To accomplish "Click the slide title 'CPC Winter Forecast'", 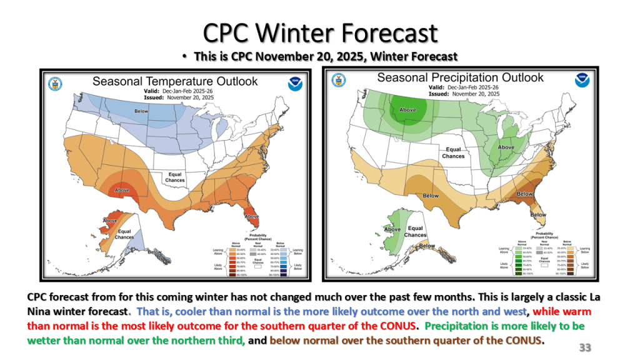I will [x=320, y=32].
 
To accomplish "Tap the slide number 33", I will [x=585, y=347].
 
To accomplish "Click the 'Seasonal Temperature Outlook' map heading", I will [x=175, y=81].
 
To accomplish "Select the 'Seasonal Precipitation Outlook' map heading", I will [x=461, y=77].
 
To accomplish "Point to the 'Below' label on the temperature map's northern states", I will [x=142, y=111].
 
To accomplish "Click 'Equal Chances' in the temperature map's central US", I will [x=175, y=177].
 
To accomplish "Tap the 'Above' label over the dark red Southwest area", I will [x=122, y=190].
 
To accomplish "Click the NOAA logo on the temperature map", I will [x=295, y=84].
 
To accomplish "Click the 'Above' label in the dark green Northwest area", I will [x=407, y=110].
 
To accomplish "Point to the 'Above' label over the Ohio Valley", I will [x=506, y=147].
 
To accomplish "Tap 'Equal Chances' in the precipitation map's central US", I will [x=454, y=152].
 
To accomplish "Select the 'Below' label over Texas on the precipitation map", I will [x=431, y=196].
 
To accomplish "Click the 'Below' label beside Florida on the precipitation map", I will [x=538, y=214].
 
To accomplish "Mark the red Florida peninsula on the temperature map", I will [x=251, y=219].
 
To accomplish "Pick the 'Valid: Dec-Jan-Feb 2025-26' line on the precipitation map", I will [x=460, y=87].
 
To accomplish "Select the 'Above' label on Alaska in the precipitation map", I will [x=392, y=229].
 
